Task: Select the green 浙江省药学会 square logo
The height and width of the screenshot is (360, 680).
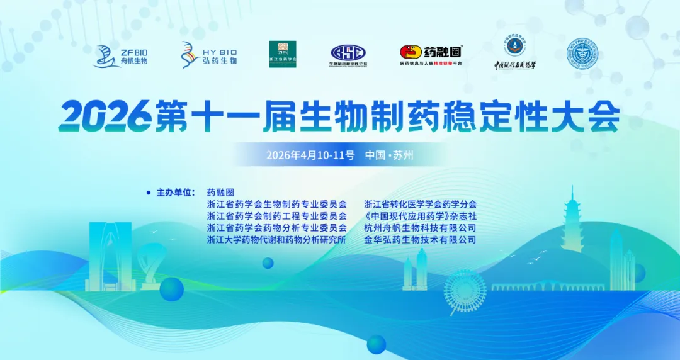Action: (283, 54)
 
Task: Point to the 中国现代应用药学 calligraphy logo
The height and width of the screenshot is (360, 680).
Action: (514, 55)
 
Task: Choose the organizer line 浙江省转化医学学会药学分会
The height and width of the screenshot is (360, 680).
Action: (420, 205)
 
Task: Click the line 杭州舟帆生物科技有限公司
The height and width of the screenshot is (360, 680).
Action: (420, 228)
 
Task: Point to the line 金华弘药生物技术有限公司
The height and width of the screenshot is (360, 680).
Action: (420, 240)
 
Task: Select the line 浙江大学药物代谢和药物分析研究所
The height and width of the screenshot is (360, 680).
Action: (276, 240)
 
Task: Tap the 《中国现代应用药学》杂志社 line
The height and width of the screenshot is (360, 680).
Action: (420, 217)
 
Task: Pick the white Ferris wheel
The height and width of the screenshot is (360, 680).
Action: (465, 292)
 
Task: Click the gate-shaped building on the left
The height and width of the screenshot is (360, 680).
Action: (110, 258)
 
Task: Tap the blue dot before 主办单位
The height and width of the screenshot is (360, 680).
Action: (148, 193)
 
